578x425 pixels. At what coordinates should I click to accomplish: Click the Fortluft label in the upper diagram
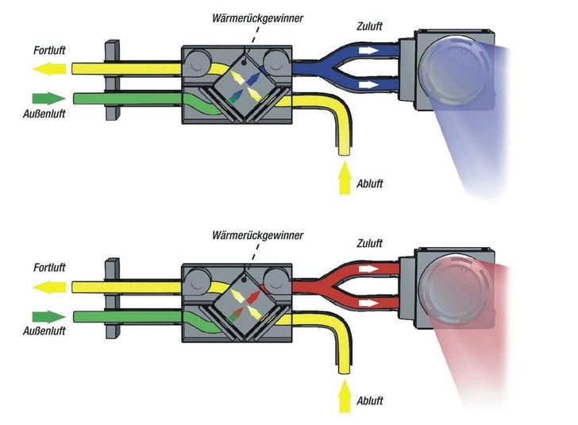click(x=49, y=50)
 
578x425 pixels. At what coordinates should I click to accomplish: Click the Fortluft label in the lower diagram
click(x=49, y=268)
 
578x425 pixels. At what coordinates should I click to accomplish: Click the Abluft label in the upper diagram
click(x=370, y=183)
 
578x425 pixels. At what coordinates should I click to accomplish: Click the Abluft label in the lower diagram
click(x=370, y=400)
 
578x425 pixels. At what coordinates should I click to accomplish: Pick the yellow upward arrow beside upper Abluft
click(x=344, y=178)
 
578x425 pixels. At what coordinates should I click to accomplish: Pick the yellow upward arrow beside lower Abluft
click(x=344, y=395)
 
